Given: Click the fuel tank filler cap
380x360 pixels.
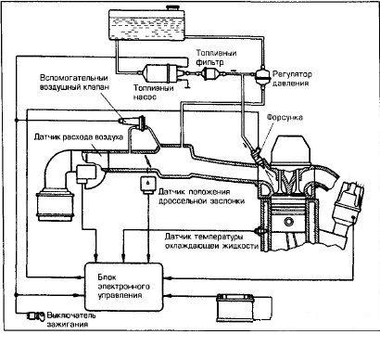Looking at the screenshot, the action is point(171,7).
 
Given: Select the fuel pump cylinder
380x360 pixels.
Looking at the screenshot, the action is point(160,73).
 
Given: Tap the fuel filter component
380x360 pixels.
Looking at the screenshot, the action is point(210,74).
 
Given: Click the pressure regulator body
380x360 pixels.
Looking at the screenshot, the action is point(260,74).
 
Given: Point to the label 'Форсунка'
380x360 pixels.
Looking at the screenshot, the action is point(285,118).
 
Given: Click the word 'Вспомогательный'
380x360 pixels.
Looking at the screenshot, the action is point(74,78).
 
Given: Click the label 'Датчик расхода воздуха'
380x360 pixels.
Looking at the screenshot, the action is point(79,137).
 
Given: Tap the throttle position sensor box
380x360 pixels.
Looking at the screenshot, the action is point(148,185).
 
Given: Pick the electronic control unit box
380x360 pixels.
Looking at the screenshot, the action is point(124,287).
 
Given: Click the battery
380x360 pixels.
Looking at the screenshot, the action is point(235,307).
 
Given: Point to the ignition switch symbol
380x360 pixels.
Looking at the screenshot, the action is point(35,315).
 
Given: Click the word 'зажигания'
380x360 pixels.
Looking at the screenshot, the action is point(68,325).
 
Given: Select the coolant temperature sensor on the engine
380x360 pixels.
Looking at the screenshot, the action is point(257,231).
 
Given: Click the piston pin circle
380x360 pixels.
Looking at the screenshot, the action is point(289,222).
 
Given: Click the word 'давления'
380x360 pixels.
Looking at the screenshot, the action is point(290,84).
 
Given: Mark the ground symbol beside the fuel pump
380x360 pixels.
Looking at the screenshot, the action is point(186,84).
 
